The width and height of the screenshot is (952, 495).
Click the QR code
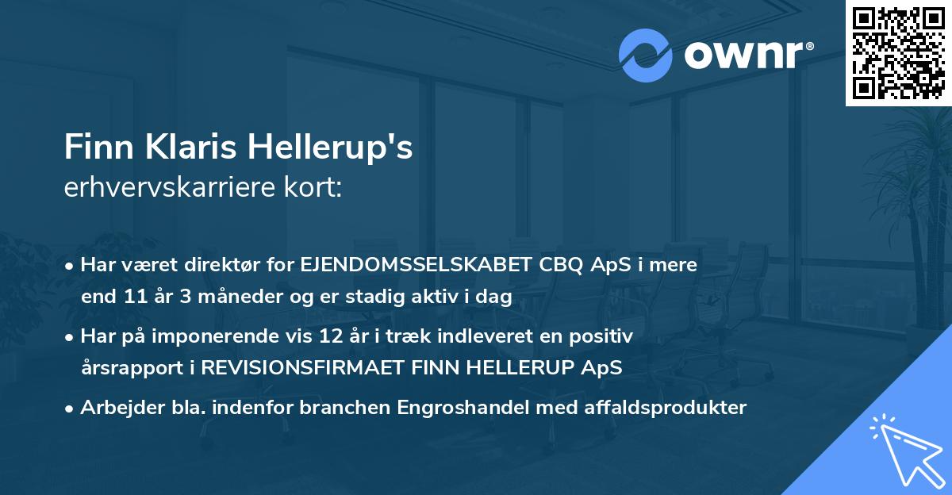[x=898, y=53]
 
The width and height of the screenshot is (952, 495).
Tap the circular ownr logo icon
[x=645, y=55]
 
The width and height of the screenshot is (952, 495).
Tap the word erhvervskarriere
[x=171, y=188]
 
